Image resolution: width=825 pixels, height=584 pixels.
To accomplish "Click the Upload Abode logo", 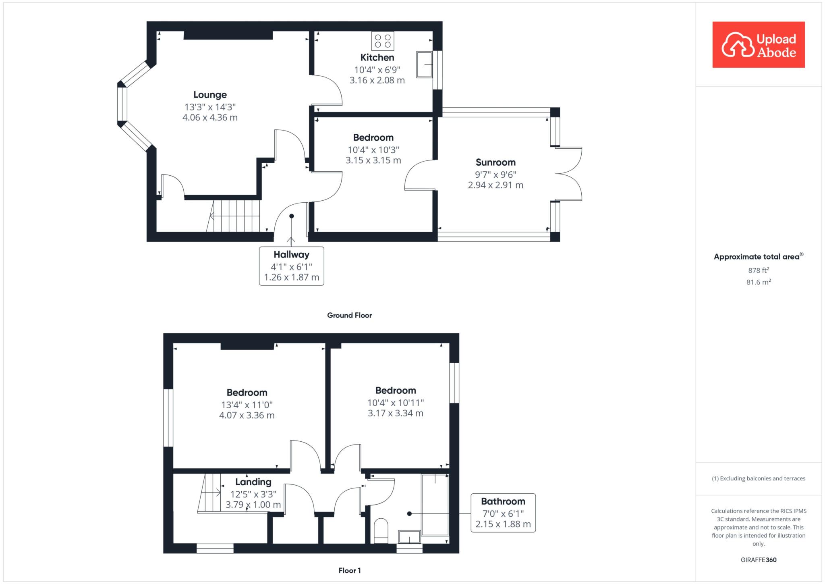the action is click(759, 45).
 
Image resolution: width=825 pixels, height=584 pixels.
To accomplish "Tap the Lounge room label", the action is click(210, 95).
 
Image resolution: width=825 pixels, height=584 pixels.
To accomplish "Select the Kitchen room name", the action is click(377, 58).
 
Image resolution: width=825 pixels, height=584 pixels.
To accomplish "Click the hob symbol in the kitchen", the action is click(383, 41).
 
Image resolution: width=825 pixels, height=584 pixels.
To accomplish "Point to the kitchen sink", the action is click(424, 64).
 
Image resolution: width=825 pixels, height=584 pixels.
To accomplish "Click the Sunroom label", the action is click(495, 162).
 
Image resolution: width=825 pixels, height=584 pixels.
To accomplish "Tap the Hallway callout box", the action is click(291, 266).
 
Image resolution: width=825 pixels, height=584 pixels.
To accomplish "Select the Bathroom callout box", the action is click(503, 513).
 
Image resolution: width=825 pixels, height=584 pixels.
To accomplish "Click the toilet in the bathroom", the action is click(381, 531).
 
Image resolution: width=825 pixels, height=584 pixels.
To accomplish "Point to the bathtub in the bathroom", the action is click(435, 505).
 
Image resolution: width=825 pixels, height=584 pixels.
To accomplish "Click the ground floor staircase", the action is click(233, 216).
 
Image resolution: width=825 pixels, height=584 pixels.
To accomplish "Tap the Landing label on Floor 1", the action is click(253, 482).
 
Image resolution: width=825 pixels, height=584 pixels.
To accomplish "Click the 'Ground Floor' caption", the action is click(349, 315).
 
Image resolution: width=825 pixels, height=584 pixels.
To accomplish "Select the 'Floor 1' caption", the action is click(350, 570).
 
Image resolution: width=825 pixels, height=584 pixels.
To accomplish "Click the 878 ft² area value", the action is click(759, 270).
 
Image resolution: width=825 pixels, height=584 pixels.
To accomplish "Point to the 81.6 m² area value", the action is click(759, 282).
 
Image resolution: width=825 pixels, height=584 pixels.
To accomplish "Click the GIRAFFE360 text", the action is click(759, 560).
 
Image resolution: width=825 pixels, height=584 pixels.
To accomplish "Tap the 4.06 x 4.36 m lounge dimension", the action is click(210, 118).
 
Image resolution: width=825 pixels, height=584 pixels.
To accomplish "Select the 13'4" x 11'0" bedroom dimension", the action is click(247, 405).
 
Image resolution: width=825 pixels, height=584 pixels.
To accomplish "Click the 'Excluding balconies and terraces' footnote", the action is click(759, 478).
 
